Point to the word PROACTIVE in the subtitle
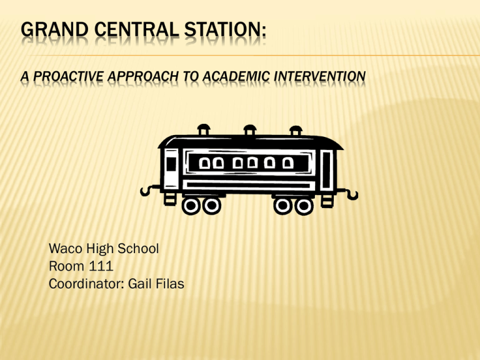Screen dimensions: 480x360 coord(68,76)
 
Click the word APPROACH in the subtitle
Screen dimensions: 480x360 coord(142,76)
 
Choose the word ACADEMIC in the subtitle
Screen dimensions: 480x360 coord(236,76)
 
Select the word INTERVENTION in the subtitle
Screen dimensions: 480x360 coord(319,76)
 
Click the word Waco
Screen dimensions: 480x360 coord(66,249)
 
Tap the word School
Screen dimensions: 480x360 coord(138,249)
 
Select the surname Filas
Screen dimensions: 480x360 coord(170,284)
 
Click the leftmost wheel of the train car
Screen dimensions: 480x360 coord(191,206)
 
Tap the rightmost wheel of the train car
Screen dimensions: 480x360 coord(304,206)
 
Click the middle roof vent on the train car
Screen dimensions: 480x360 coord(250,130)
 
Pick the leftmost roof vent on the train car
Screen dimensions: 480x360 coord(204,130)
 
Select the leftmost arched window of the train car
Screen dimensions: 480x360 coord(204,163)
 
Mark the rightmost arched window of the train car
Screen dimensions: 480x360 coord(287,163)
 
